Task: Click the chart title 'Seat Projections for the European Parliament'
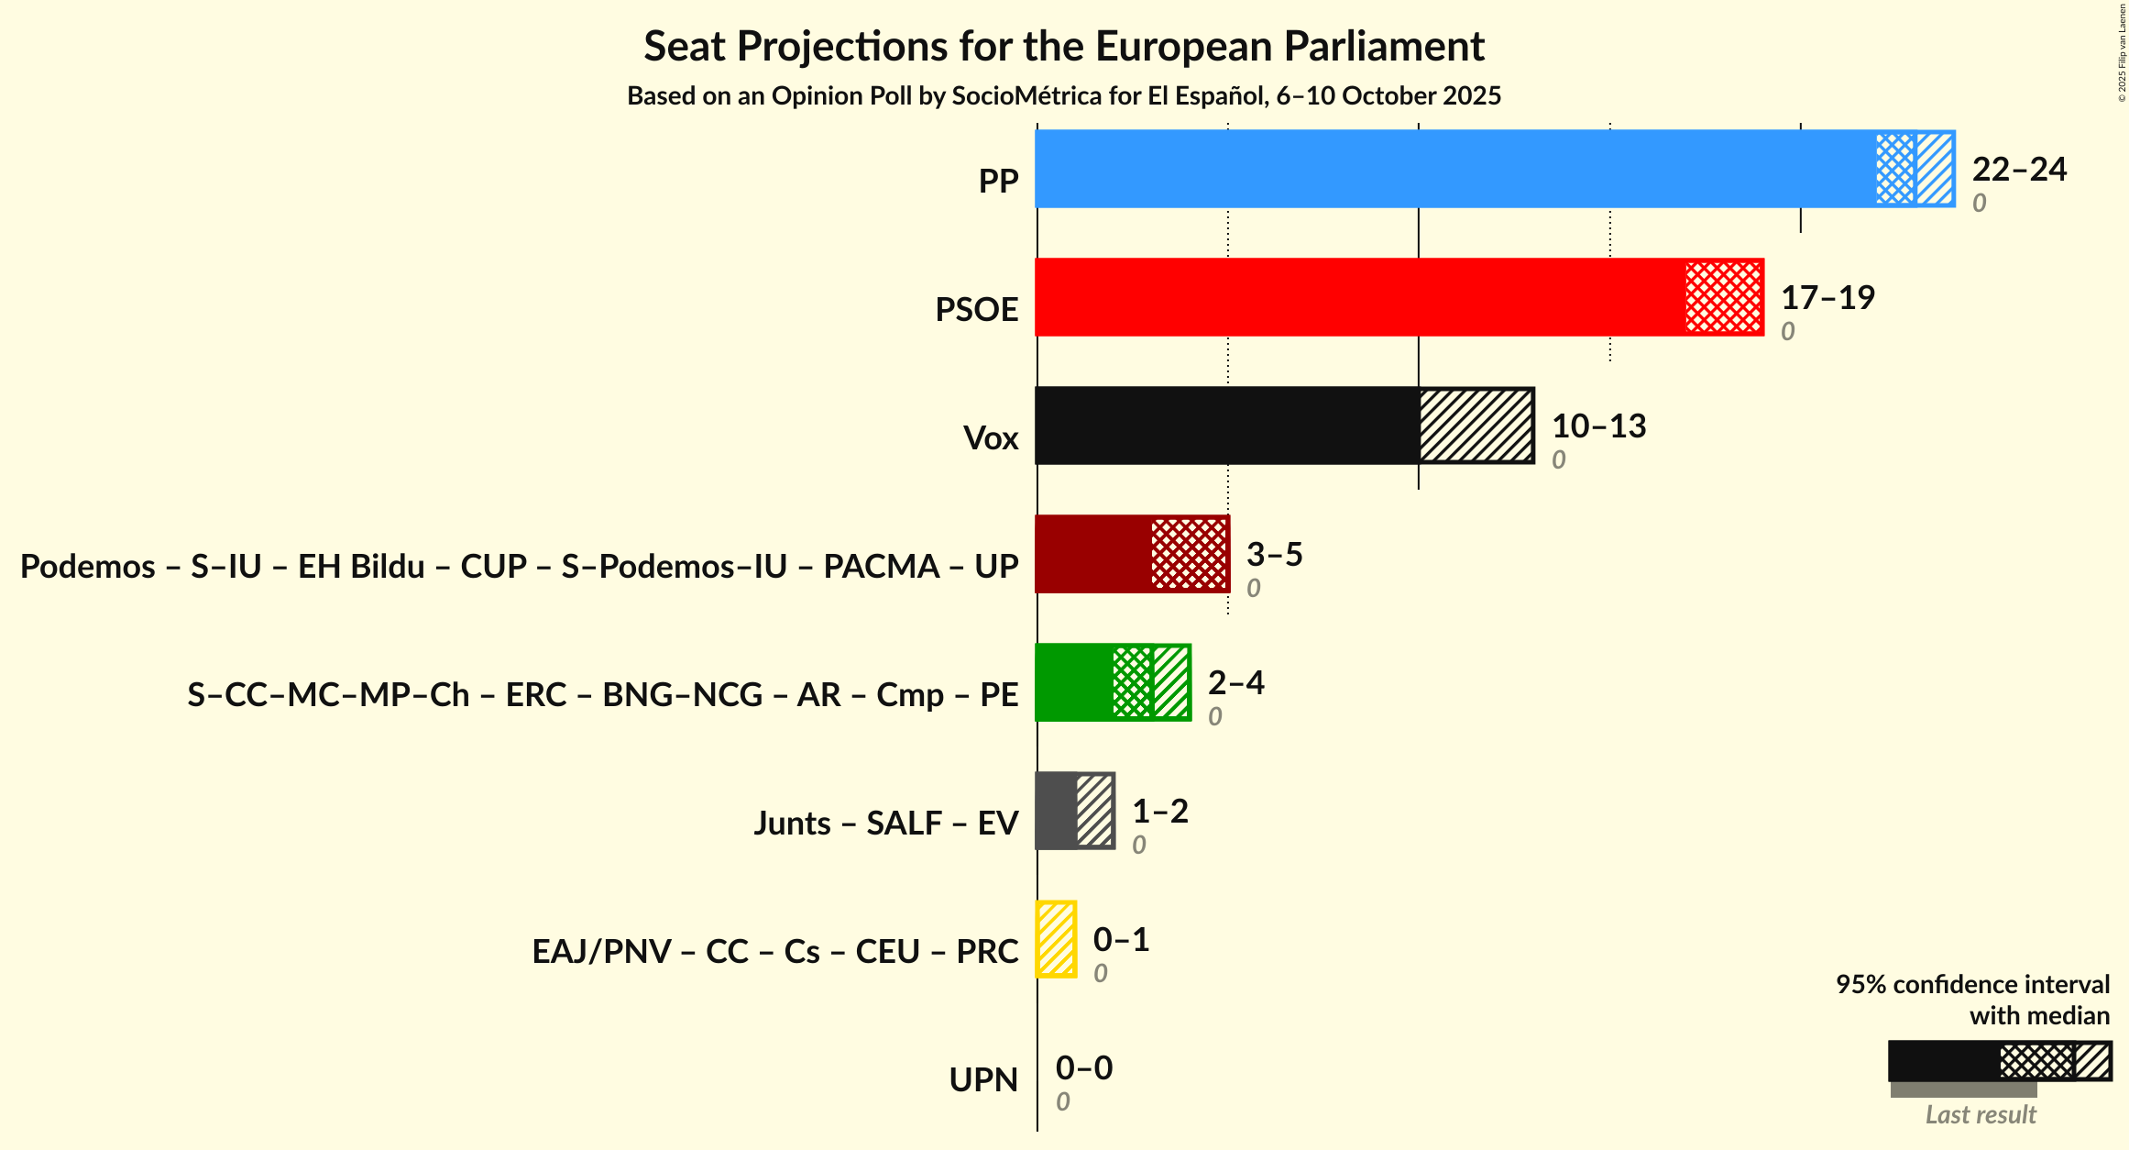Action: (1063, 46)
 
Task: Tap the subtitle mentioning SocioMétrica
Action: (1063, 96)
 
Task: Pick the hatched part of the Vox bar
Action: (1476, 426)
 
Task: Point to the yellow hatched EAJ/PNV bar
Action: (1056, 939)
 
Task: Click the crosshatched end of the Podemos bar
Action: (1190, 554)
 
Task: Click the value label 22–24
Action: (2019, 170)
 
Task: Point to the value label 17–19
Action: (1827, 298)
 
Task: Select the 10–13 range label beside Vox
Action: (1598, 426)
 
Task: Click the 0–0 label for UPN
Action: (1083, 1068)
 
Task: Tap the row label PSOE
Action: (976, 310)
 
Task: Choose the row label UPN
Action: (983, 1080)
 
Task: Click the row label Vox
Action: (991, 438)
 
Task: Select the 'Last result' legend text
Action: (1980, 1115)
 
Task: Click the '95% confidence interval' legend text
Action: (1972, 985)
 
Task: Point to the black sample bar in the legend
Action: (1943, 1061)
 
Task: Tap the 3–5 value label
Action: (1274, 555)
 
